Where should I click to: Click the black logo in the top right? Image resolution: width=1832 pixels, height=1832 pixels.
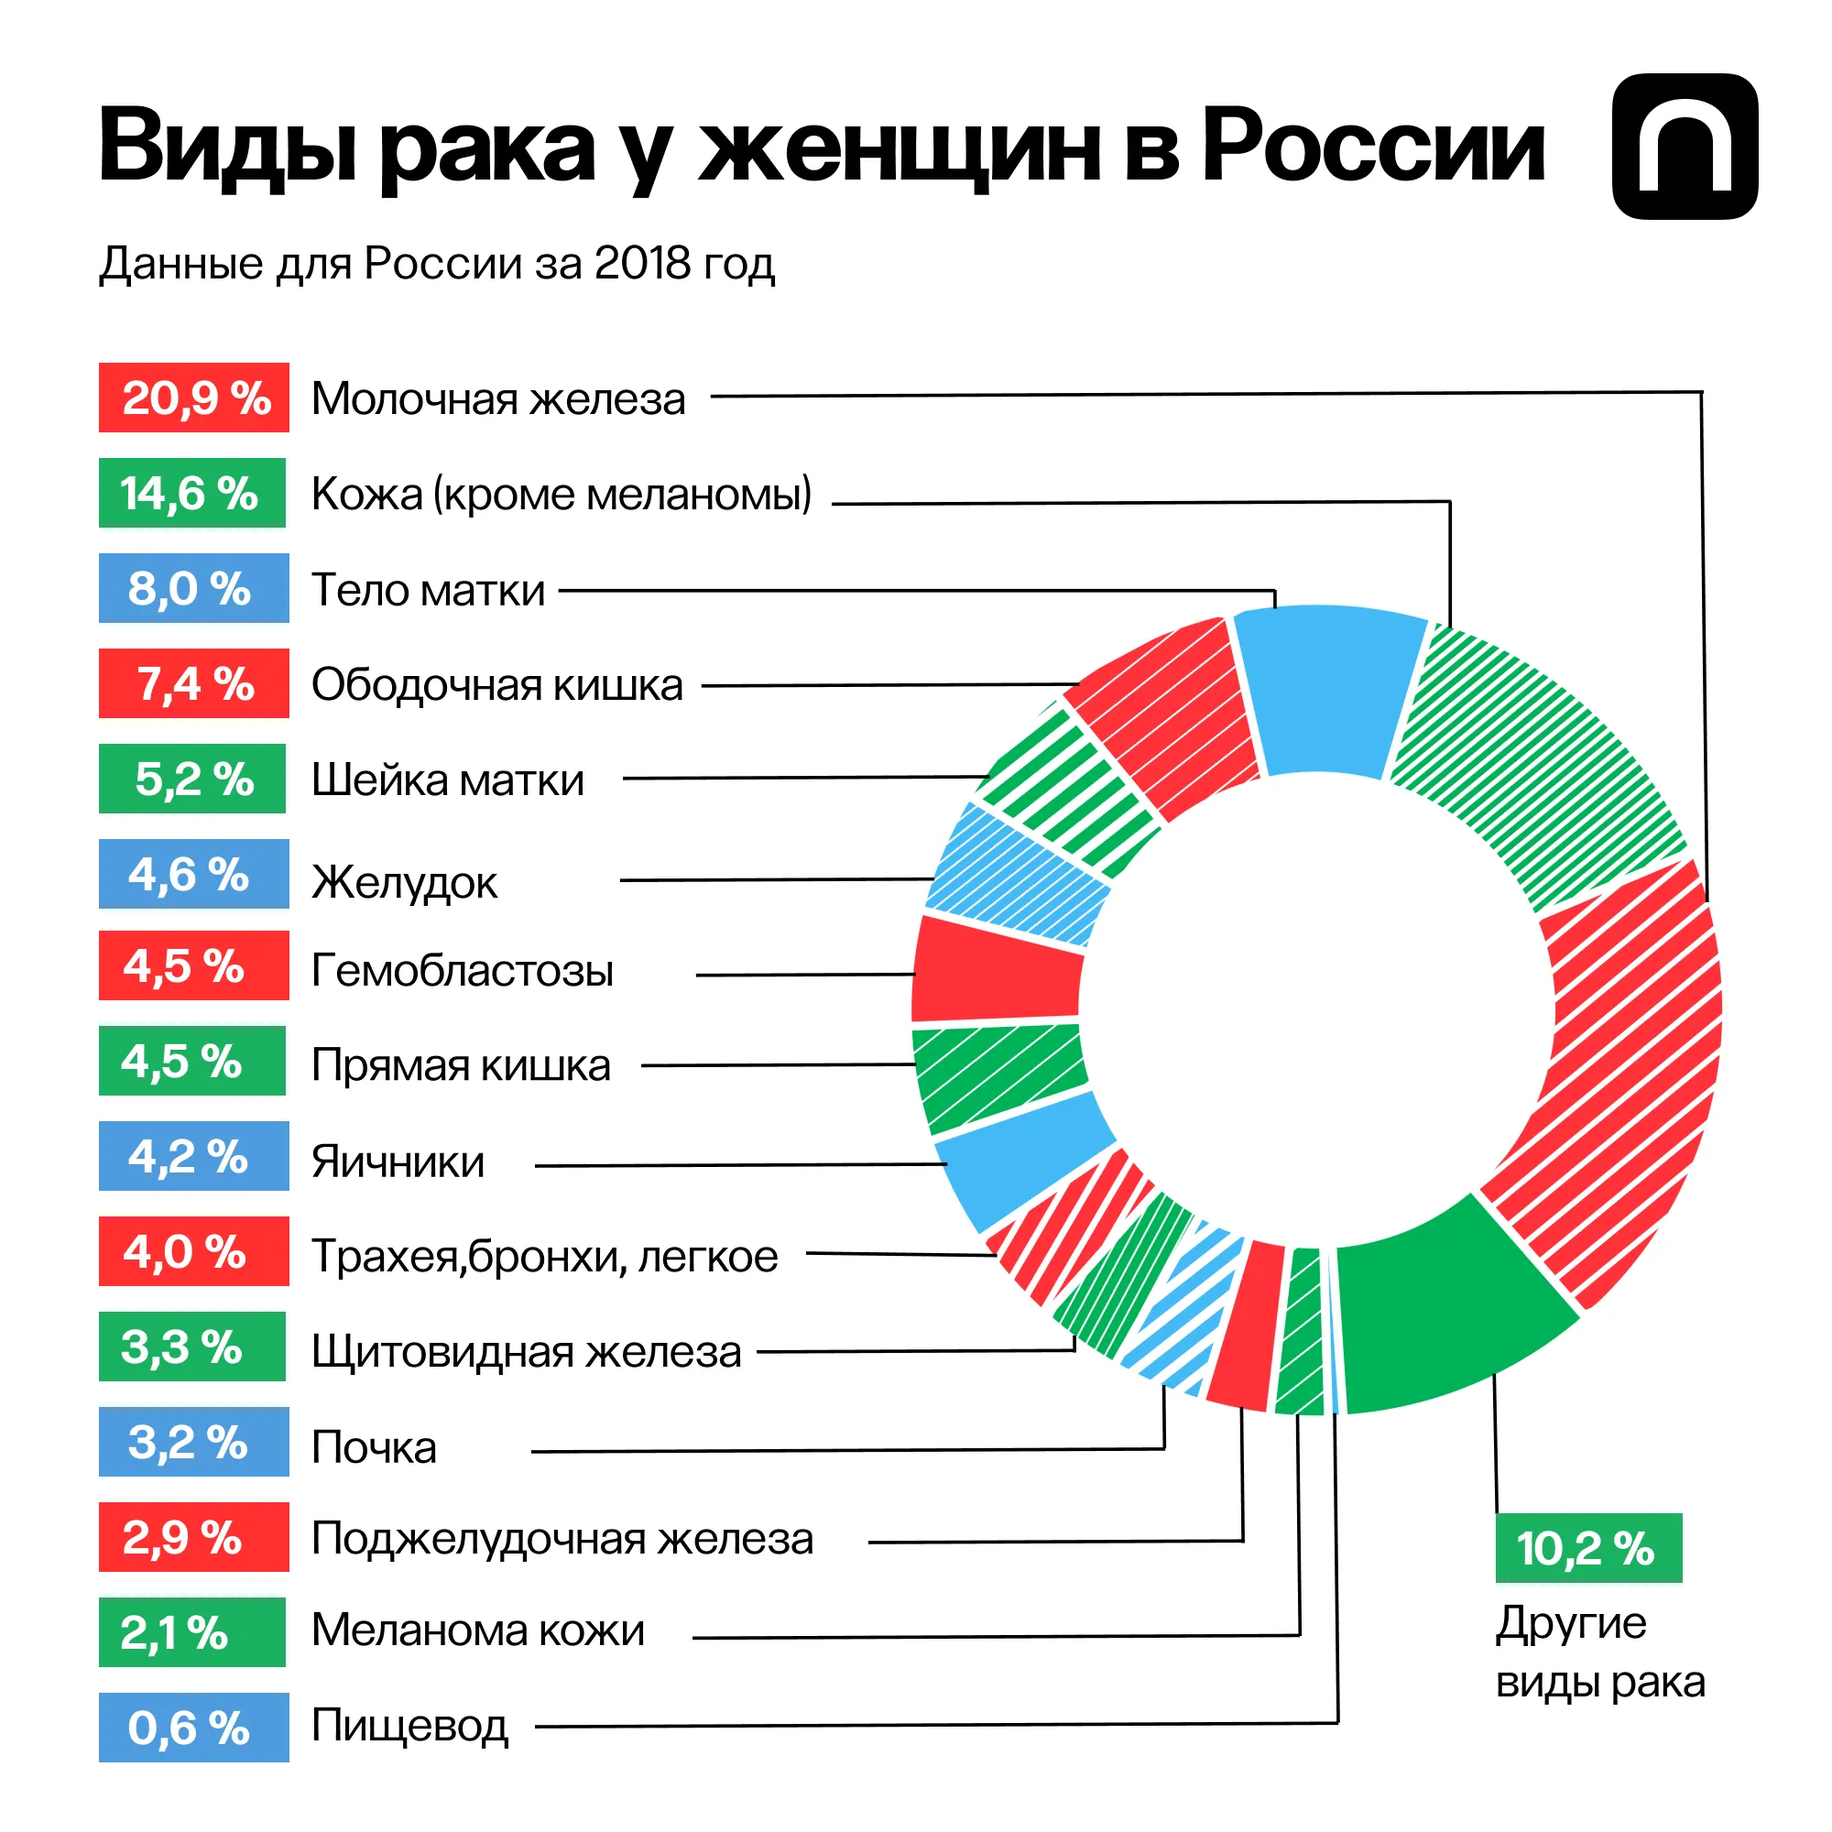coord(1685,147)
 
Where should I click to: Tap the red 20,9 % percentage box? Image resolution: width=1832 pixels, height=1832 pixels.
coord(193,398)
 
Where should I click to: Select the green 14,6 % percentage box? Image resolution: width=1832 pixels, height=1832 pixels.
coord(191,493)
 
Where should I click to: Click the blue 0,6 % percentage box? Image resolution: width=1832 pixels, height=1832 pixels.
coord(193,1728)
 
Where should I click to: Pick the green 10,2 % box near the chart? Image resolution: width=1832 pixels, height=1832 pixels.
coord(1588,1548)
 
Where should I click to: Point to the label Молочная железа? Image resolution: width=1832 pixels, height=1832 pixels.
coord(497,399)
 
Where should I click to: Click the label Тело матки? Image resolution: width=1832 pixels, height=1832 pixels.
coord(428,590)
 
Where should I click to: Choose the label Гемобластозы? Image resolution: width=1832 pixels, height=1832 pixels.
coord(462,971)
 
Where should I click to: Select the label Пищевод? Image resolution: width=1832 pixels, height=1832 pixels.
coord(409,1726)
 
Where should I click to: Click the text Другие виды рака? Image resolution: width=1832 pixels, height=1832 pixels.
coord(1598,1652)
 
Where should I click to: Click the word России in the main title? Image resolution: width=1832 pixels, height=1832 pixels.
coord(1373,147)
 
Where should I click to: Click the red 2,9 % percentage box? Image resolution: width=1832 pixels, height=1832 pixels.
coord(193,1537)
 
